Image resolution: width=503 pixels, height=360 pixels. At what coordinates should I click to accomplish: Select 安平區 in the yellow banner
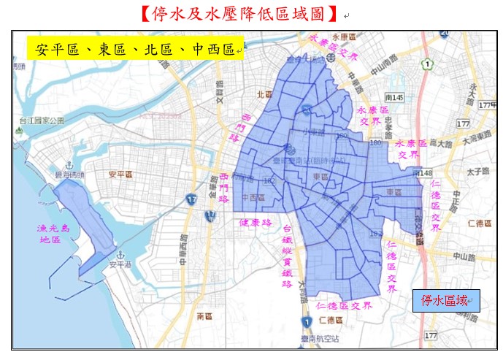click(x=55, y=50)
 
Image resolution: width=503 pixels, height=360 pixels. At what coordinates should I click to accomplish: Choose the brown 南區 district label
click(x=204, y=316)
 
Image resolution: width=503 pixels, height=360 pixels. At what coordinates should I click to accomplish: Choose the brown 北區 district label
click(x=264, y=93)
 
